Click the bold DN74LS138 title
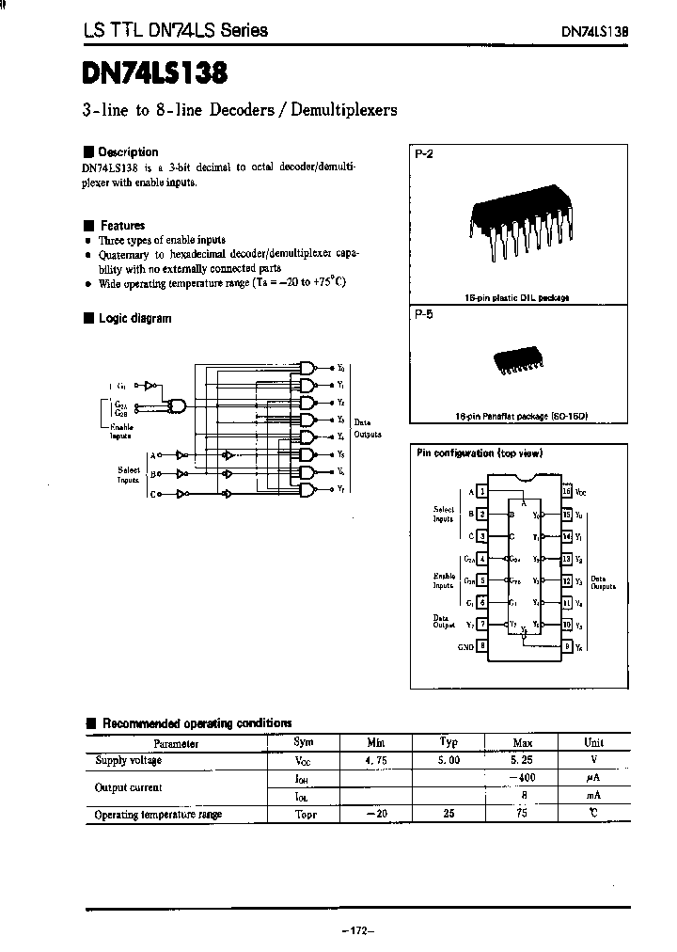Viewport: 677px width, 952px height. click(x=155, y=71)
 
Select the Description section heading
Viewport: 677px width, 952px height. click(x=128, y=152)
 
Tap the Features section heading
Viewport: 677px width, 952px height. click(x=122, y=226)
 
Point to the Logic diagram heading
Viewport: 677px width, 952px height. click(x=134, y=318)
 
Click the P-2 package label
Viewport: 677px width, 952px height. click(x=423, y=153)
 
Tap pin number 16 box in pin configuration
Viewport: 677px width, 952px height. click(x=566, y=491)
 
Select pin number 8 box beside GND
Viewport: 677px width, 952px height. click(x=481, y=646)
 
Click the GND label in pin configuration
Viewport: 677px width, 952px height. click(x=464, y=646)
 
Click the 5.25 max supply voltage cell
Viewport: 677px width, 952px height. click(x=523, y=760)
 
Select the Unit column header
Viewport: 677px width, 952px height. click(x=594, y=742)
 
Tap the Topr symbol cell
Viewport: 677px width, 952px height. click(x=306, y=814)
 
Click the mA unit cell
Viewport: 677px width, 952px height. click(x=593, y=796)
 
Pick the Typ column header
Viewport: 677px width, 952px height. click(x=449, y=742)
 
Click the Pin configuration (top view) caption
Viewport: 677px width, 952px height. click(x=480, y=453)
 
